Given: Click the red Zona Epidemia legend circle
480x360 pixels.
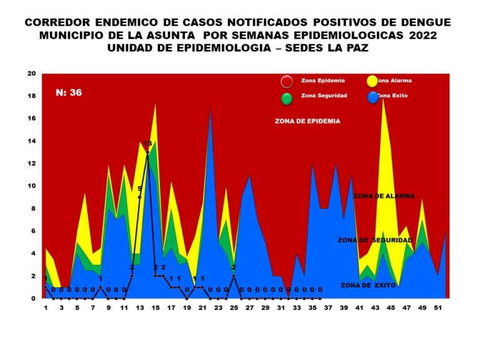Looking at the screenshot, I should click(287, 81).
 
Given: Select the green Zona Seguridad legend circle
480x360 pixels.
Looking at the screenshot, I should click(287, 97).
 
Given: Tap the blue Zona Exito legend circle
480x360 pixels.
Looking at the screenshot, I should click(372, 97).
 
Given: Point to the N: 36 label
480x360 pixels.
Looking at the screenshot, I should click(69, 93).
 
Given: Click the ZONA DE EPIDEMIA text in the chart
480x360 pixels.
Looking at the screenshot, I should click(307, 121).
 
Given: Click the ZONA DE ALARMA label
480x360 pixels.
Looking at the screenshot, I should click(383, 196).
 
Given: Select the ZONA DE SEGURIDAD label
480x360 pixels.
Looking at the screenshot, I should click(374, 240).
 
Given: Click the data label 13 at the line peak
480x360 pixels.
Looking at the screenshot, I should click(147, 144).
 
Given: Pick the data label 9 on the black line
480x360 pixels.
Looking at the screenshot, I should click(140, 188).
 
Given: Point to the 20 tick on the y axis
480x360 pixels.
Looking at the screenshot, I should click(31, 74).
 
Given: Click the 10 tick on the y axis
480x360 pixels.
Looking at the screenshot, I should click(31, 186).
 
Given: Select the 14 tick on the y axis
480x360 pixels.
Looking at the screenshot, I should click(31, 141).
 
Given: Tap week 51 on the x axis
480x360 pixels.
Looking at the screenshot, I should click(438, 308).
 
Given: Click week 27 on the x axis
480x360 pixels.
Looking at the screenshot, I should click(249, 308).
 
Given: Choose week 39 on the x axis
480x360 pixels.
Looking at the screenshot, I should click(344, 308).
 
